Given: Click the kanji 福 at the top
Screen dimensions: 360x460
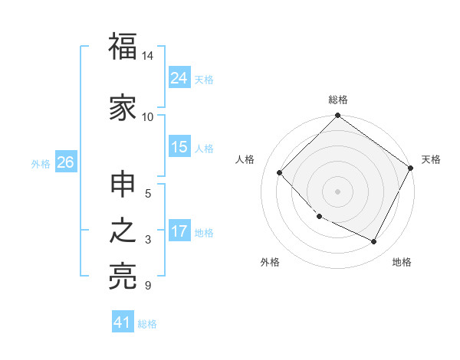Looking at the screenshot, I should (x=123, y=47).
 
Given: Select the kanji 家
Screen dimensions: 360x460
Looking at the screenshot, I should (x=123, y=109).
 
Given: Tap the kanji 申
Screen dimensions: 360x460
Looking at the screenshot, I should (x=123, y=186).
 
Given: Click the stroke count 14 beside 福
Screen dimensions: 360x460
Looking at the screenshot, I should (x=148, y=57).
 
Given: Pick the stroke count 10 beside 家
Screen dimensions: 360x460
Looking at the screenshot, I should (x=148, y=116).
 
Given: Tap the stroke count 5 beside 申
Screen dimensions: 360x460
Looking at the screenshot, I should (x=148, y=193).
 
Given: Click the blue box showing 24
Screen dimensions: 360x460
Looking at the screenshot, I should (x=179, y=77).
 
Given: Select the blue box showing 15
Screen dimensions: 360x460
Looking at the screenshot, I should (x=179, y=147).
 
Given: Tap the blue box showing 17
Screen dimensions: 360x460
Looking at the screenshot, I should (x=179, y=231).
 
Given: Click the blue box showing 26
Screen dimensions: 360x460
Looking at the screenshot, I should (x=65, y=162).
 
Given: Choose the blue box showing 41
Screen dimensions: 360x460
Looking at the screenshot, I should (x=123, y=322).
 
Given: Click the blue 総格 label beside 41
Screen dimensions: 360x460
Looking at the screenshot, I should (x=147, y=324).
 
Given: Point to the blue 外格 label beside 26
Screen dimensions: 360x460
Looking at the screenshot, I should (x=41, y=163).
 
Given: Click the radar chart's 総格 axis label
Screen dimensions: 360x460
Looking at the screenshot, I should (x=338, y=100).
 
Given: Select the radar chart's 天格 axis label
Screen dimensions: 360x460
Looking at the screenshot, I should (x=431, y=159).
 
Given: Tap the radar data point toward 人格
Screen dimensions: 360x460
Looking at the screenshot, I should (x=280, y=172).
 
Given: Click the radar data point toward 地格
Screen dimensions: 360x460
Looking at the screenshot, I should (x=374, y=242).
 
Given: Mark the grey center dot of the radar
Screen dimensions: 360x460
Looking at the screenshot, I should (x=337, y=191).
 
